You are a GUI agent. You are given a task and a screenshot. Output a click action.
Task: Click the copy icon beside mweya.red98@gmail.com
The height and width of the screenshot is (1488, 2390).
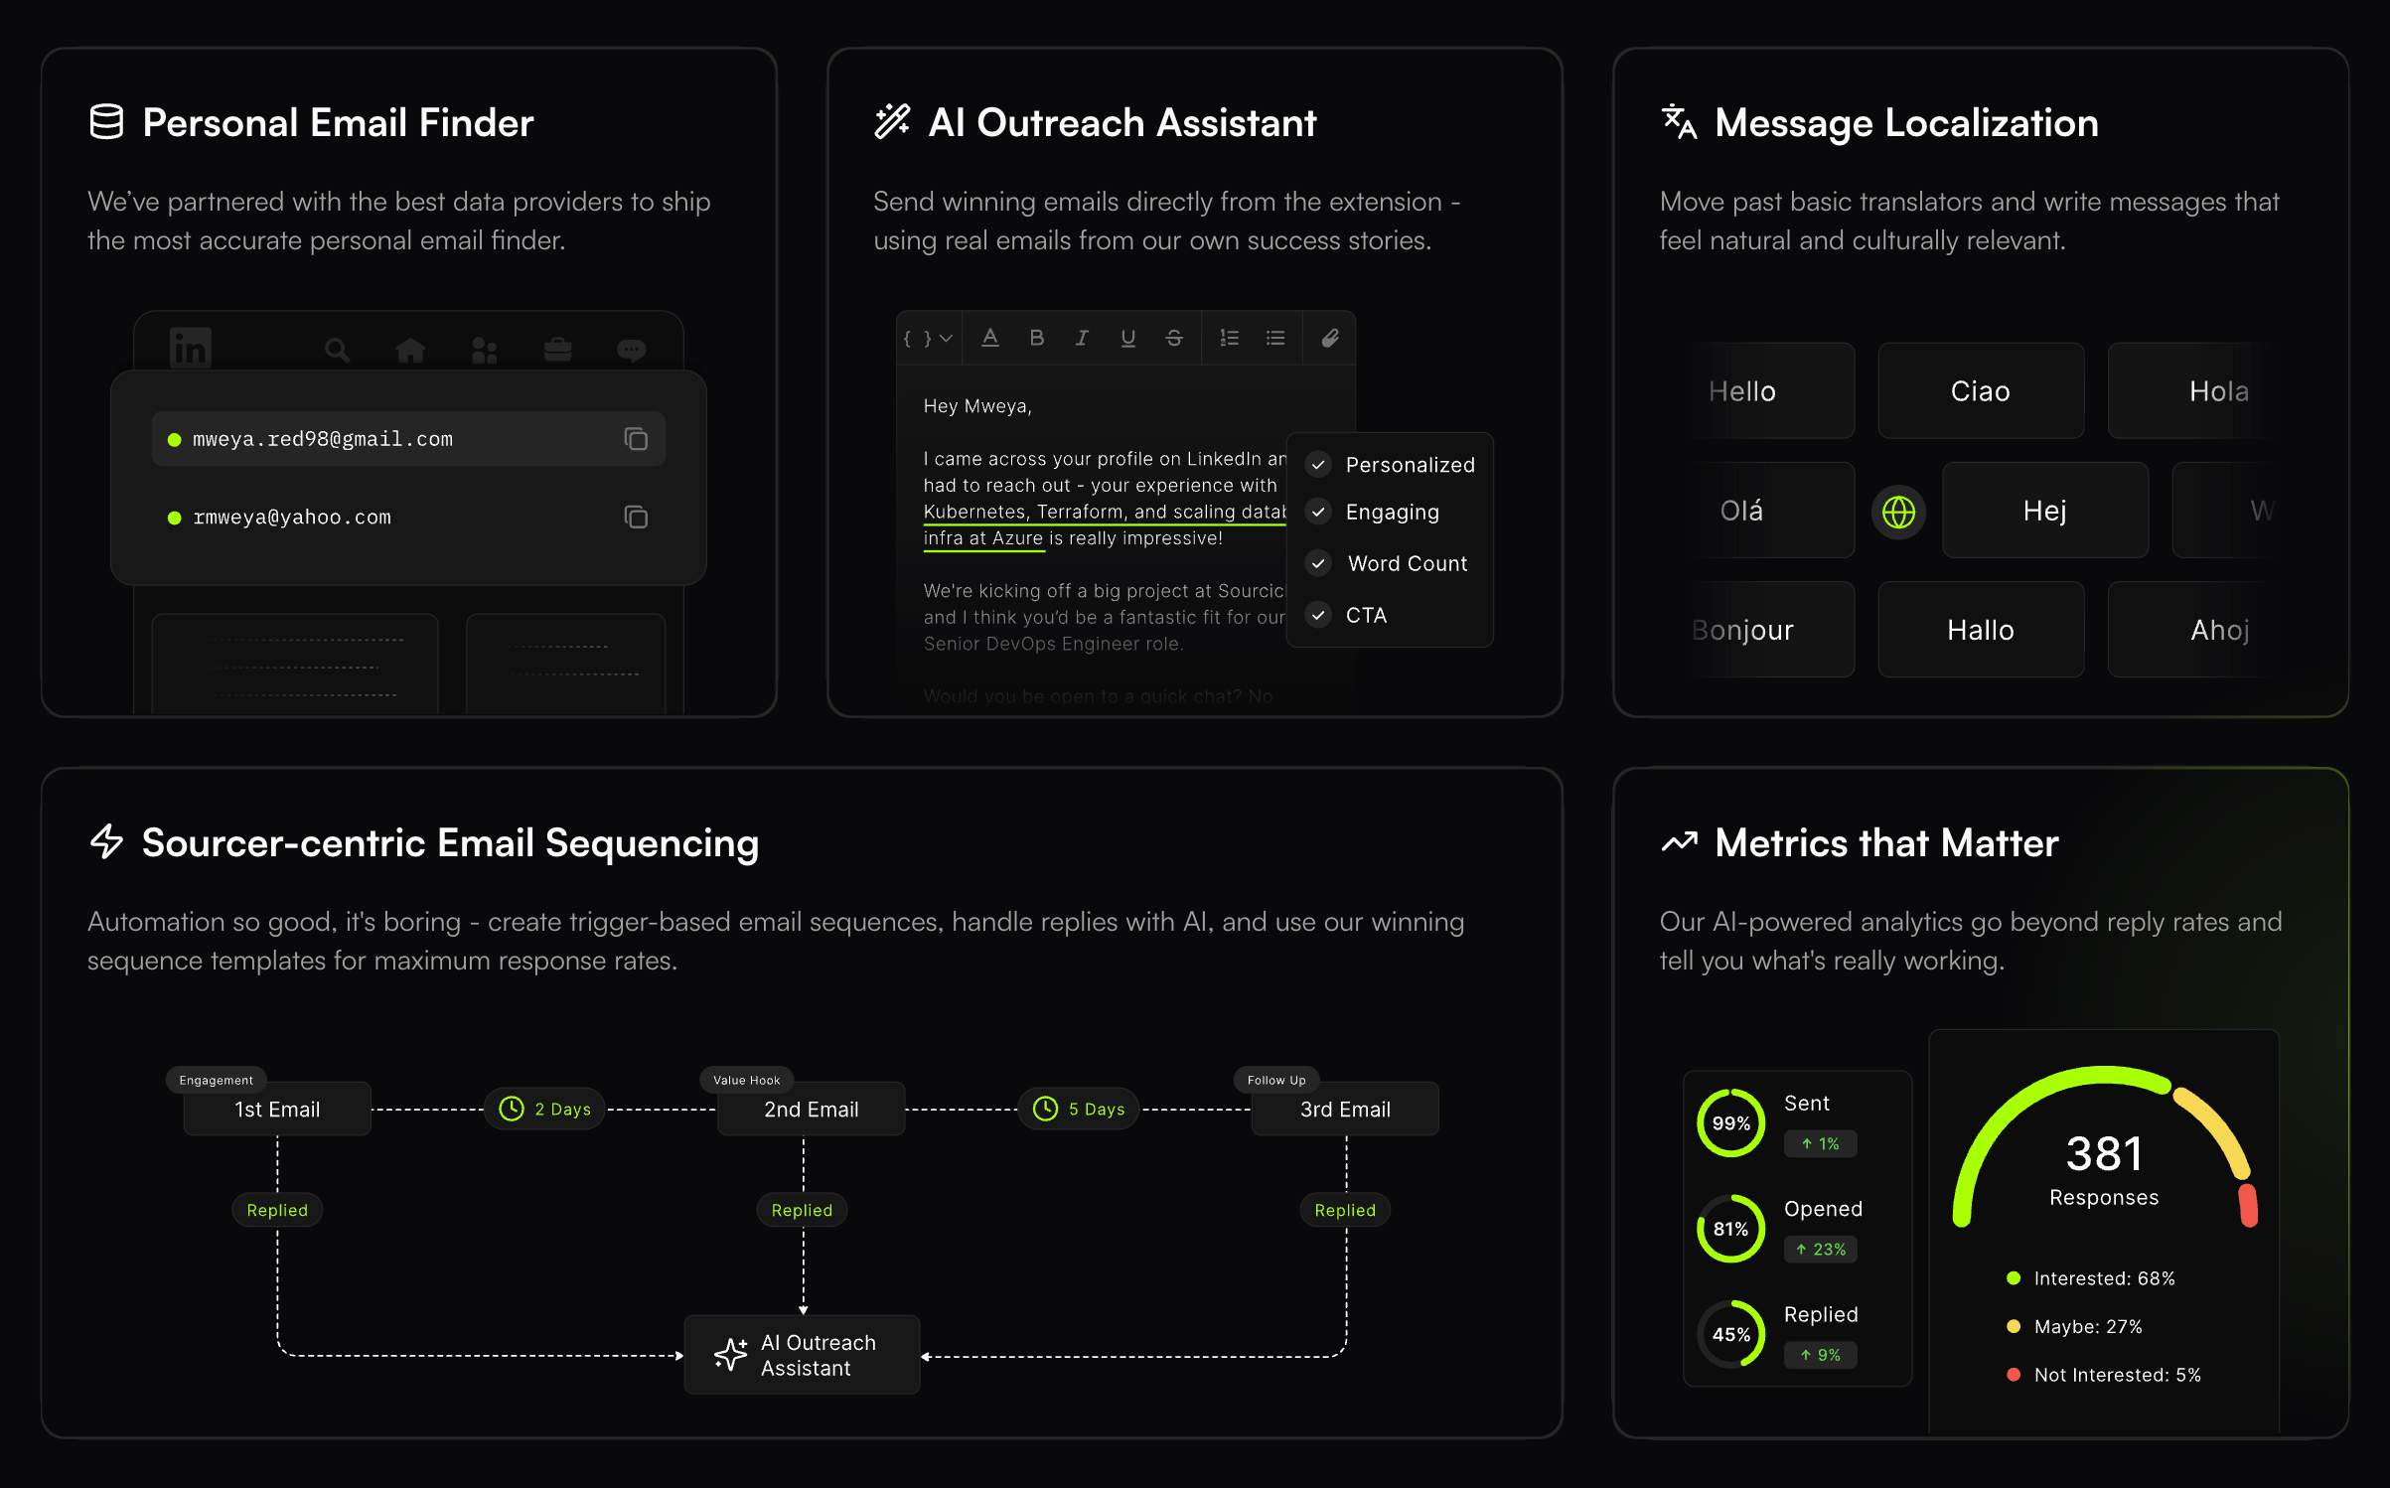(636, 439)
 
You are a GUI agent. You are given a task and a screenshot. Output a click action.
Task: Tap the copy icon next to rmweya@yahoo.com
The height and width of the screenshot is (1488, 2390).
(636, 517)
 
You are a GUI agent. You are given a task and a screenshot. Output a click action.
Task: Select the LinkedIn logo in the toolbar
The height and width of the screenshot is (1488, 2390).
(190, 349)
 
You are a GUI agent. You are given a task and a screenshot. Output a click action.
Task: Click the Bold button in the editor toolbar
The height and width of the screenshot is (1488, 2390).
(1036, 338)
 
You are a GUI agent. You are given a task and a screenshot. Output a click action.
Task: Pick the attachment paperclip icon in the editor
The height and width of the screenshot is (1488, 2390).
(1330, 338)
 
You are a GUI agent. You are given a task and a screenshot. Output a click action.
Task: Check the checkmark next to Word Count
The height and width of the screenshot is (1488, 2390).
(1318, 563)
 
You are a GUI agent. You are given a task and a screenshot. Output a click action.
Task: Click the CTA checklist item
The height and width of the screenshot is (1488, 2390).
(1366, 615)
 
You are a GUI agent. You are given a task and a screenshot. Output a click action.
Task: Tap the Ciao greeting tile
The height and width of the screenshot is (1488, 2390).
(1980, 391)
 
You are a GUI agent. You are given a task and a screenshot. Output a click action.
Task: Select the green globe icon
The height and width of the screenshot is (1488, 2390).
(1898, 512)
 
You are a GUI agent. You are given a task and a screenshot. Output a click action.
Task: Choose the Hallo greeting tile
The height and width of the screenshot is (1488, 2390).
(1980, 630)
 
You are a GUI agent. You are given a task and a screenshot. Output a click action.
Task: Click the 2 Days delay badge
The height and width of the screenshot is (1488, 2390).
(544, 1109)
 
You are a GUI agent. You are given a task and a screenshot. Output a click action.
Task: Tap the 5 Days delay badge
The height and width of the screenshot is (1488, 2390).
(1079, 1109)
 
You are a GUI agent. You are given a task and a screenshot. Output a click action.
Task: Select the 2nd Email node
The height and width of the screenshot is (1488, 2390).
(811, 1109)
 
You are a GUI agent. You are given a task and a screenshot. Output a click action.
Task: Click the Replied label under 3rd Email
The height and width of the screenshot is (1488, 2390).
(1345, 1210)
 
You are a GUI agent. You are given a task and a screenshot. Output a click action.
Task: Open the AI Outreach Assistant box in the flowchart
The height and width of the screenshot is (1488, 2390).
(803, 1355)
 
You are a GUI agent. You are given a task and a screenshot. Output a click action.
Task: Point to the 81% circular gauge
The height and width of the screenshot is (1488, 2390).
(1730, 1229)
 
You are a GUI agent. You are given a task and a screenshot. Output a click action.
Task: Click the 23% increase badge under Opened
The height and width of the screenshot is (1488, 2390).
(1821, 1250)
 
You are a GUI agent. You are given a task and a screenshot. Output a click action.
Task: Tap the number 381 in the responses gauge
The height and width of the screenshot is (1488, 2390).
(2104, 1154)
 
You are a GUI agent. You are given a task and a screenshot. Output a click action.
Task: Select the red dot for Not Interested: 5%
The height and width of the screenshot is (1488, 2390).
(2014, 1375)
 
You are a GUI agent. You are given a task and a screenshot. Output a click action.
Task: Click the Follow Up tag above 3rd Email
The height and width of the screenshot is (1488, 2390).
(1276, 1080)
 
